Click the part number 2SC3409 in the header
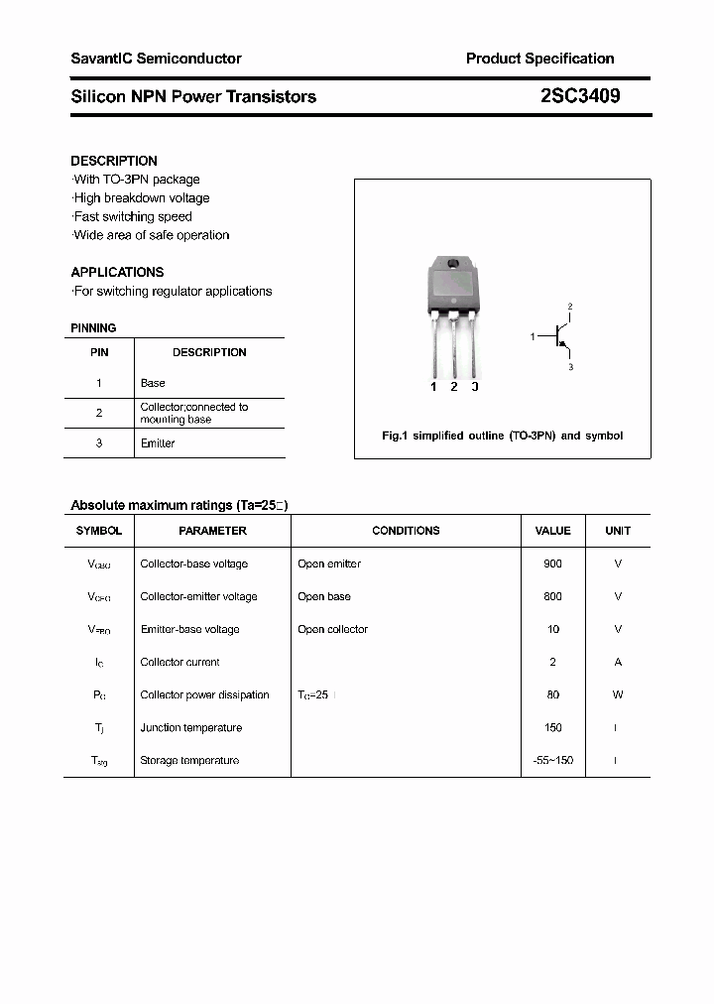(x=580, y=96)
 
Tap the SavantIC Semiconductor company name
(x=156, y=59)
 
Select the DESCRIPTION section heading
(x=114, y=161)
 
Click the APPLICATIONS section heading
(x=117, y=272)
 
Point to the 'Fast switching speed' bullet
(x=133, y=216)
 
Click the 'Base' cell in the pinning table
(x=153, y=383)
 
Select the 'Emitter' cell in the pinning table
(x=158, y=443)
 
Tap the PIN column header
(x=99, y=352)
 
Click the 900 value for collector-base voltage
(x=552, y=564)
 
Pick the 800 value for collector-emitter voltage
(x=552, y=596)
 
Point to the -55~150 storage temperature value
(x=552, y=760)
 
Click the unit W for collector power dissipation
(x=618, y=694)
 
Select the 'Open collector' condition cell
(x=332, y=629)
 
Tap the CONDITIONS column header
(x=406, y=531)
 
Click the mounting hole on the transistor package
(x=453, y=264)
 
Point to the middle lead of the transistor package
(x=454, y=347)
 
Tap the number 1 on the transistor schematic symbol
(x=533, y=337)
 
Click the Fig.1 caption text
(x=503, y=436)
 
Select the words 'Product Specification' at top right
(x=539, y=59)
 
